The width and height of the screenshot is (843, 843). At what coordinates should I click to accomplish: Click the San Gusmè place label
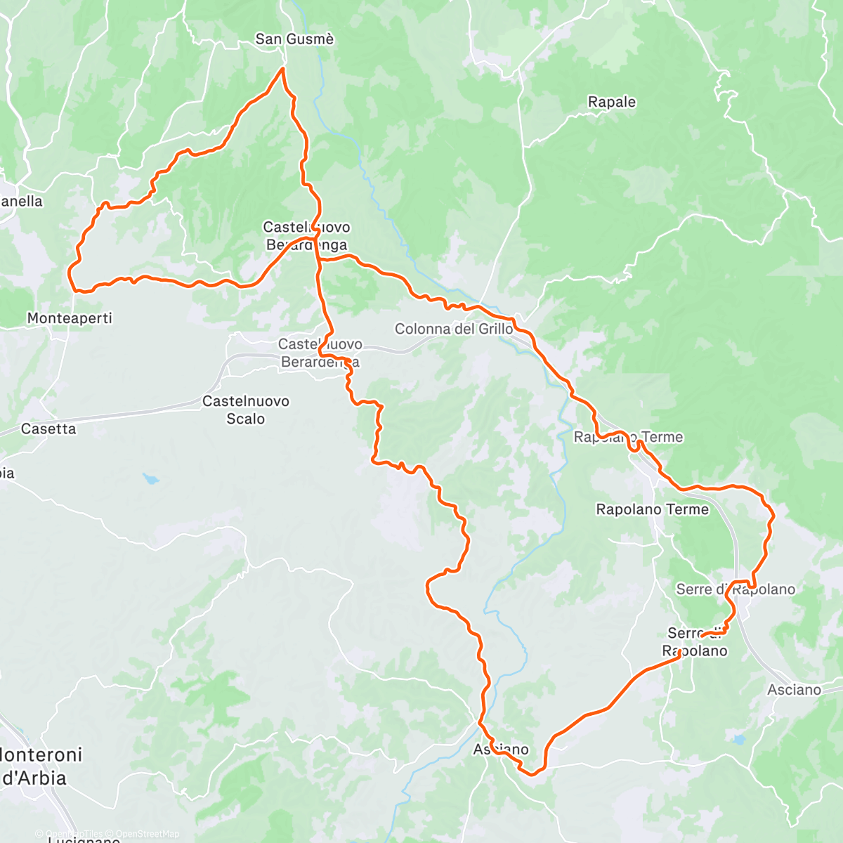point(294,39)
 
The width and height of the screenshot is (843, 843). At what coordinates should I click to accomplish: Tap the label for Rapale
point(611,102)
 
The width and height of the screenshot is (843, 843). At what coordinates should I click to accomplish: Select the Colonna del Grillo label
point(454,329)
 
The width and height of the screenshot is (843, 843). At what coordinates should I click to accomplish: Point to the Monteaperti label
point(70,318)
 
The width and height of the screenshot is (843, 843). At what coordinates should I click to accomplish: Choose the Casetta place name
point(48,429)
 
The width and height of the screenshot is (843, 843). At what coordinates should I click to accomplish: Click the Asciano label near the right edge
point(794,690)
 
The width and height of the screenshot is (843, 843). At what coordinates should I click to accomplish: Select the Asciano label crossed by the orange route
point(501,750)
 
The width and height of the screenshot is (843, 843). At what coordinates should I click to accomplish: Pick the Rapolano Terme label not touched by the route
point(652,509)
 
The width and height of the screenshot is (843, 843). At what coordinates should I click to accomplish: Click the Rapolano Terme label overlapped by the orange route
point(628,437)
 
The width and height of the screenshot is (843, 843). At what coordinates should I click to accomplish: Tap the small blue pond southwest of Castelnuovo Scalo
point(150,479)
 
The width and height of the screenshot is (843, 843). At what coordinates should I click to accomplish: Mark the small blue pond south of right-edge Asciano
point(738,739)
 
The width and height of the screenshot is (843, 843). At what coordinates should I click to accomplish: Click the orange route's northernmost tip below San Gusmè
point(282,68)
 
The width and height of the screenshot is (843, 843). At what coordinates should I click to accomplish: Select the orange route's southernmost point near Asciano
point(532,775)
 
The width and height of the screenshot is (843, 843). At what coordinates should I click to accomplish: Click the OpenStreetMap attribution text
point(148,834)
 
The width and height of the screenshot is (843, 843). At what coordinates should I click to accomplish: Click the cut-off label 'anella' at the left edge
point(21,202)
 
